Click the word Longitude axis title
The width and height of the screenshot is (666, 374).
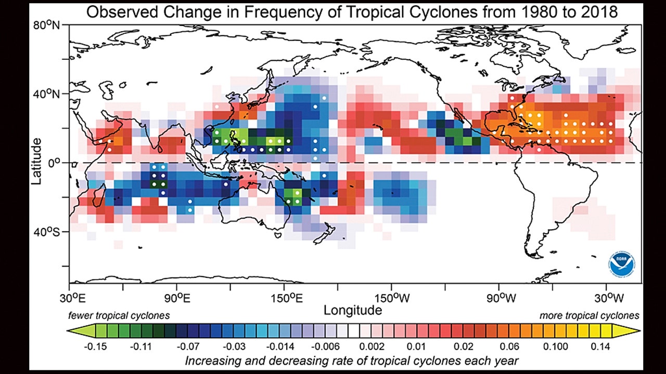pos(352,310)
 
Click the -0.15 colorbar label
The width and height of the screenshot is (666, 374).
pos(96,346)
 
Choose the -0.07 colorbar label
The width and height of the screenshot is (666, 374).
pos(186,346)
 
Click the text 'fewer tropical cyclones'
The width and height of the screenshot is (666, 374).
pos(119,315)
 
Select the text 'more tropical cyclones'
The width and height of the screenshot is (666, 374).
pos(589,315)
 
